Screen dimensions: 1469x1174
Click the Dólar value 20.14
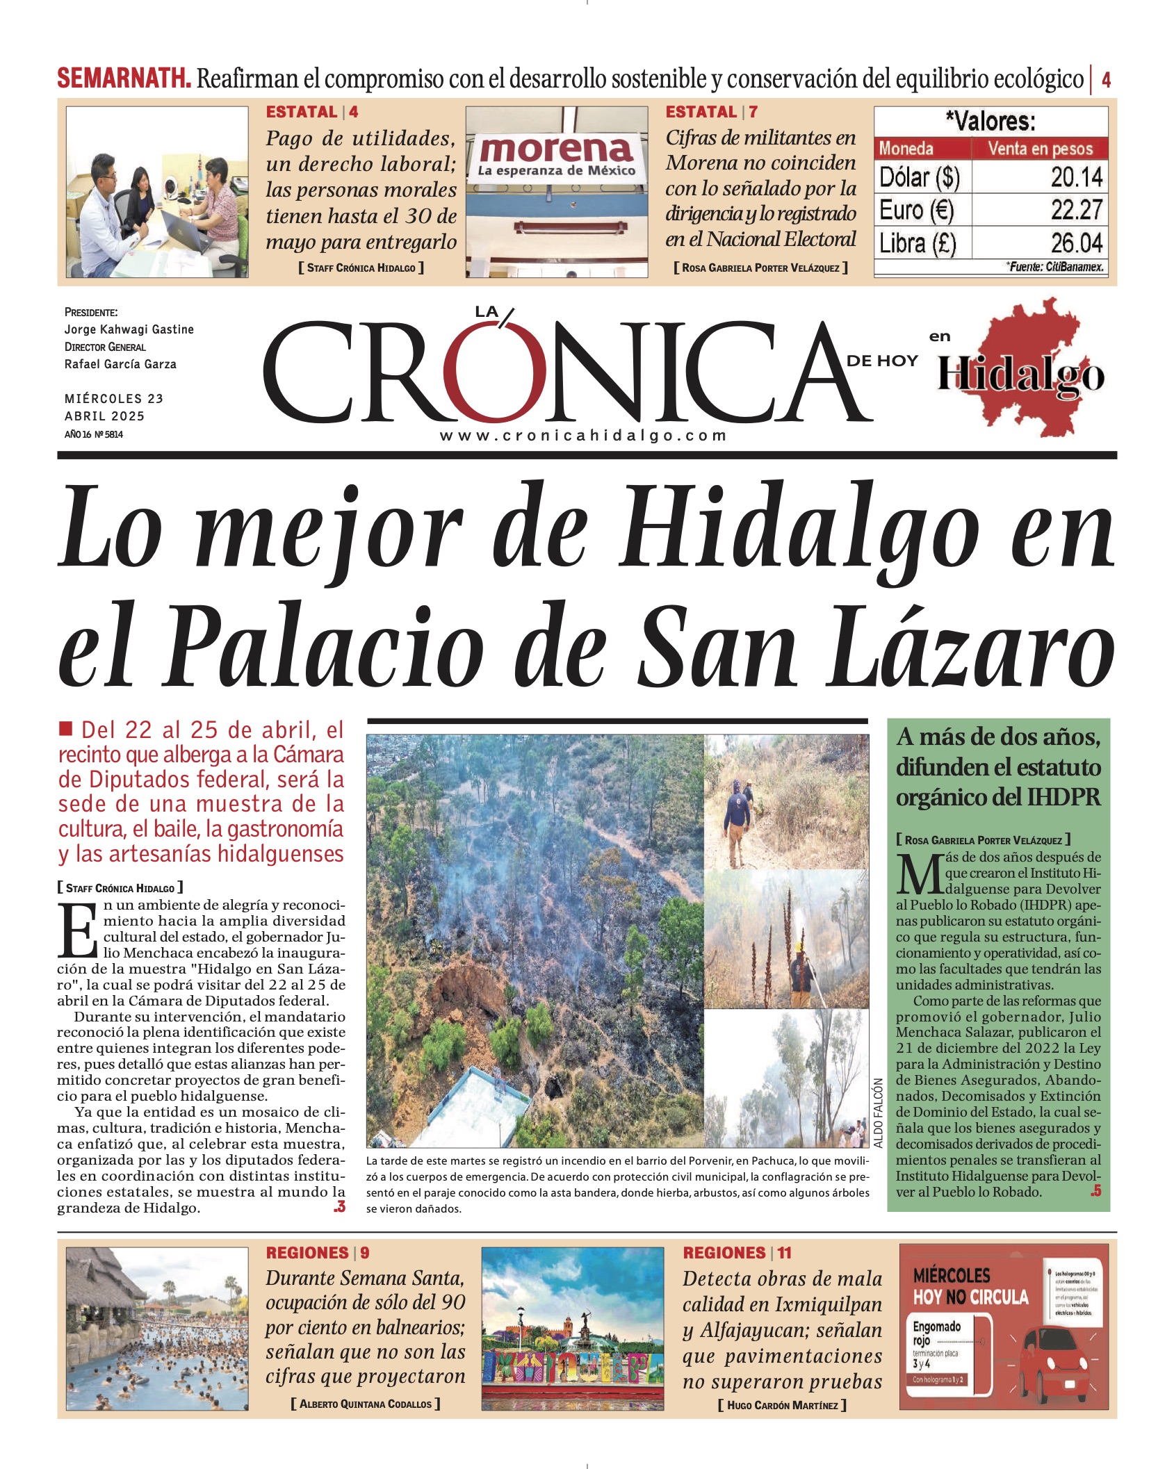(x=1076, y=177)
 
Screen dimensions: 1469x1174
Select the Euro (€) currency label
(x=916, y=210)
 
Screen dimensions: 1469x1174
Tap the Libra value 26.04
(x=1076, y=243)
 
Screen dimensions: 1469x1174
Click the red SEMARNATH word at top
(x=124, y=79)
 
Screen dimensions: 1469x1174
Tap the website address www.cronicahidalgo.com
(x=583, y=436)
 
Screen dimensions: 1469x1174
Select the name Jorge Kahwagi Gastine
(x=129, y=329)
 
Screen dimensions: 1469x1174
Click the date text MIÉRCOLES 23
(x=114, y=399)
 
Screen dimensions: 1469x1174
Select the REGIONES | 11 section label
(x=737, y=1253)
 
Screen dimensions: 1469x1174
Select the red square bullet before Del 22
(x=66, y=728)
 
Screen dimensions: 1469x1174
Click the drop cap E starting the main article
(x=77, y=930)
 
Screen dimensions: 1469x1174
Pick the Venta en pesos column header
(x=1040, y=148)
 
